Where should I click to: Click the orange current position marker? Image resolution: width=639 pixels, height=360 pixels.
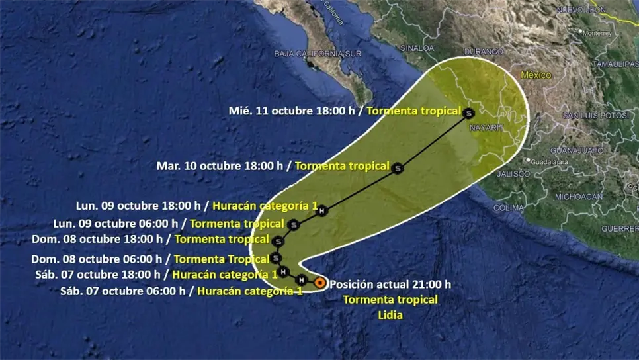point(319,283)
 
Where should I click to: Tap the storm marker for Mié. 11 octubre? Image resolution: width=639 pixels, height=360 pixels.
point(468,112)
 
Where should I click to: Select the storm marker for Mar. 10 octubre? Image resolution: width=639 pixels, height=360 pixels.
point(397,168)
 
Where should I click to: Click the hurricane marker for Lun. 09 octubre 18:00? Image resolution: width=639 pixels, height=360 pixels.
point(321,211)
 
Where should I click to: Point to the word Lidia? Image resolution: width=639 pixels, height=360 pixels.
point(390,315)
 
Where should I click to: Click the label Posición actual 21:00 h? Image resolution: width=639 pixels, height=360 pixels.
point(390,284)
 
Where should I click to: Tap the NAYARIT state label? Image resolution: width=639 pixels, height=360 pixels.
point(486,126)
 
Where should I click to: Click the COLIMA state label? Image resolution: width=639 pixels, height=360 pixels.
point(509,207)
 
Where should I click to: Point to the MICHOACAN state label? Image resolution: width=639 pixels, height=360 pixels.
point(578,197)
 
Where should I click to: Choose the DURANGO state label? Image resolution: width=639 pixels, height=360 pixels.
point(483,51)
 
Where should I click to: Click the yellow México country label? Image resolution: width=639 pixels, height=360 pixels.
point(535,75)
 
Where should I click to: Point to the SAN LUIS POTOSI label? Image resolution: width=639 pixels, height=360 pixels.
point(593,115)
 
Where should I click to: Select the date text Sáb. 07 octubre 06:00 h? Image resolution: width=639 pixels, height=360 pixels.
point(124,291)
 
